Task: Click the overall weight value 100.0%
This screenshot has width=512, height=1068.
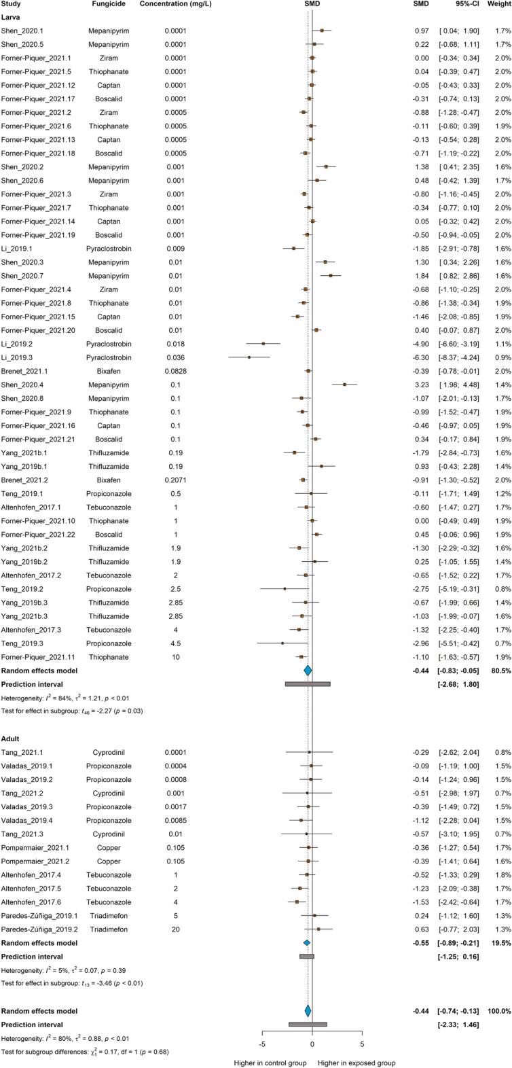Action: coord(496,992)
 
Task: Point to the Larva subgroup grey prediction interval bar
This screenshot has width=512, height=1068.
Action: coord(308,704)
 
